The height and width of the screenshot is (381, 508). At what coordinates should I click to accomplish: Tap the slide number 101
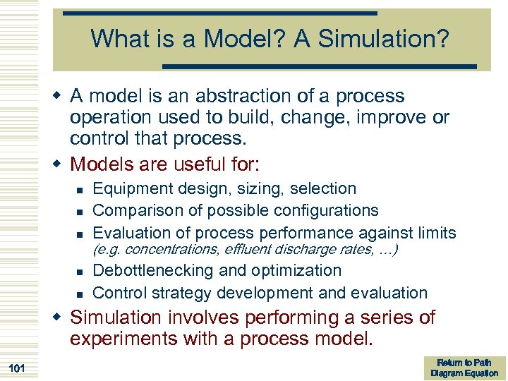19,368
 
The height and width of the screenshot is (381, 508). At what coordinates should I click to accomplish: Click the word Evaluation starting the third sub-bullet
128,232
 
